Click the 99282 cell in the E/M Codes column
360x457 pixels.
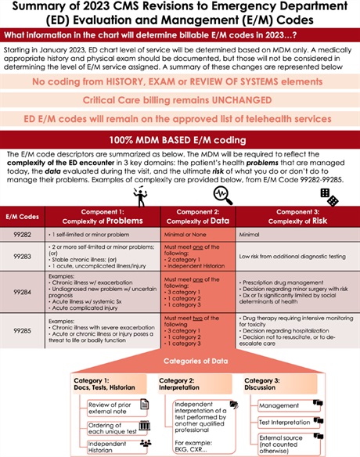(21, 232)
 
